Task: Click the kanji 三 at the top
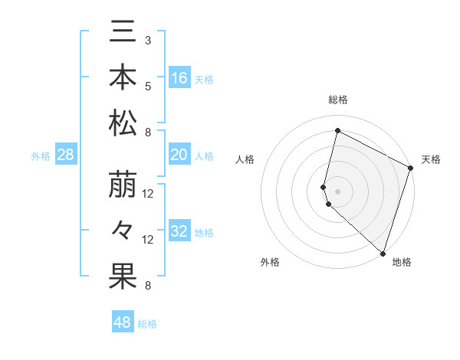point(123,34)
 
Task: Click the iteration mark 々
point(123,231)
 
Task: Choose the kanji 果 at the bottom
point(123,277)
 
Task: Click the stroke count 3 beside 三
point(148,40)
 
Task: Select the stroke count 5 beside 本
point(148,86)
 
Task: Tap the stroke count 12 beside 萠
point(148,194)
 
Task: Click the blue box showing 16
point(179,77)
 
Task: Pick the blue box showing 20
point(179,155)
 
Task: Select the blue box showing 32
point(179,231)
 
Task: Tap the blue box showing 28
point(66,155)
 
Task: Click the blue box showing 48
point(123,322)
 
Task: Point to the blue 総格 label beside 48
point(147,324)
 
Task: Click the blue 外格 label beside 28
point(41,156)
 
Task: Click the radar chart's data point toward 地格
point(383,254)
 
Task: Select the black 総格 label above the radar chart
point(338,100)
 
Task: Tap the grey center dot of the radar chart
point(337,189)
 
